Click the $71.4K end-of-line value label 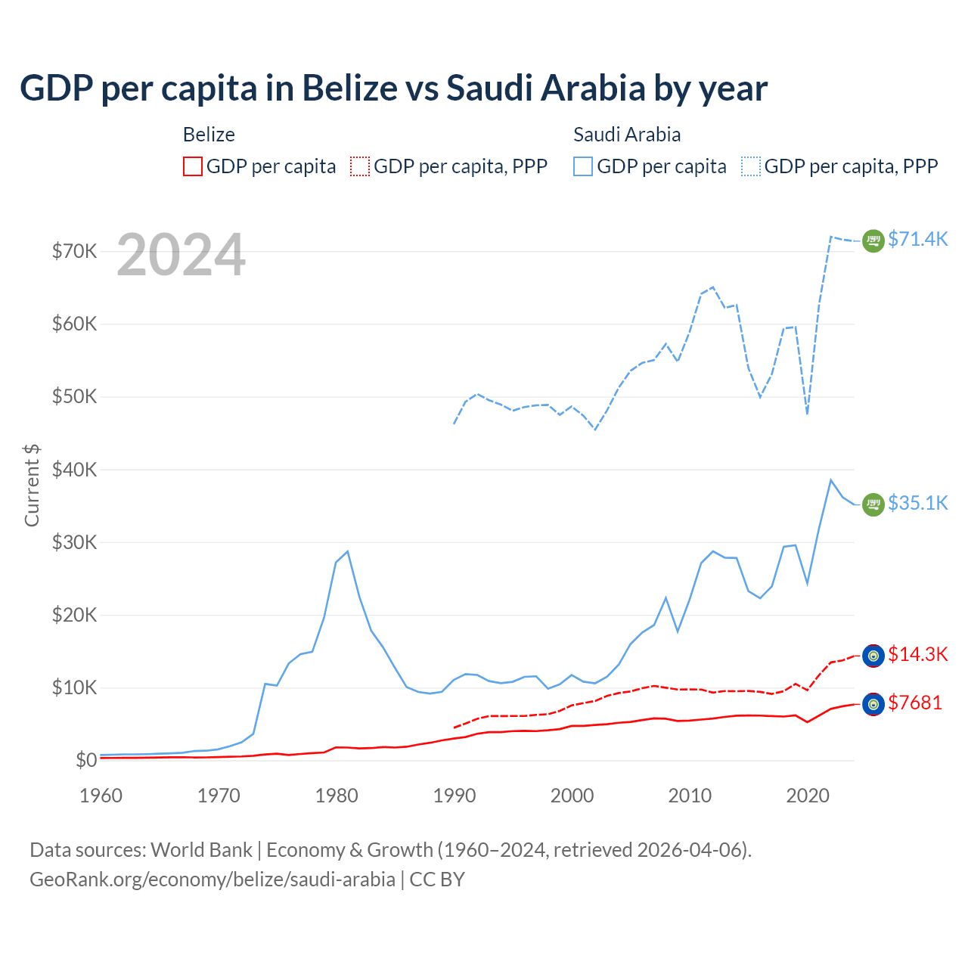point(917,239)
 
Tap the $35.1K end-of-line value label point(917,503)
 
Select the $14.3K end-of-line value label point(917,654)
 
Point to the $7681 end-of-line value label point(914,703)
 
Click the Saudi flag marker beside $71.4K point(873,240)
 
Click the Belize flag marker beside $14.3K point(873,656)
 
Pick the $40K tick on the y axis point(74,470)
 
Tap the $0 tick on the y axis point(86,760)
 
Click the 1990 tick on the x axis point(455,796)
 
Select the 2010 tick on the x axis point(690,796)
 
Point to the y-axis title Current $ point(32,485)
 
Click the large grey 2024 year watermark point(181,255)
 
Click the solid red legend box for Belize point(193,166)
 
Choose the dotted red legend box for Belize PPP point(360,166)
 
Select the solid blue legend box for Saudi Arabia point(583,166)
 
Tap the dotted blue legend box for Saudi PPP point(751,166)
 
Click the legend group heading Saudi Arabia point(627,135)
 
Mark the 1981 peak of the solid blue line point(347,551)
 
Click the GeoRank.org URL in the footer point(213,880)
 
